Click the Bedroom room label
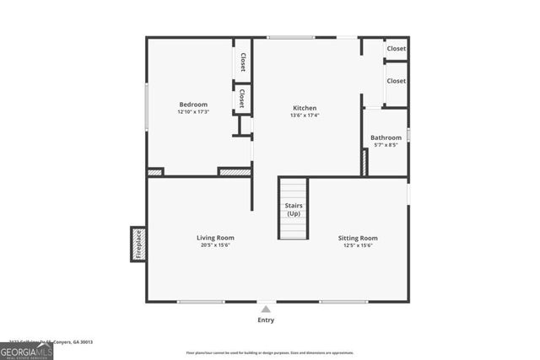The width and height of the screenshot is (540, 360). (x=192, y=105)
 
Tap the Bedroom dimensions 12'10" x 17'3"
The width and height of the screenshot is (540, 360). (x=192, y=112)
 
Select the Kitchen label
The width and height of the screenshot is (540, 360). (x=305, y=108)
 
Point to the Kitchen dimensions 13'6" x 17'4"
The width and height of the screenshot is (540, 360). (x=305, y=116)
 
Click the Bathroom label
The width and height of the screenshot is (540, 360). (x=386, y=137)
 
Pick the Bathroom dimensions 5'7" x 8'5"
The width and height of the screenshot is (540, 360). (x=386, y=145)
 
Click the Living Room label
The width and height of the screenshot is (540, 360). (x=217, y=238)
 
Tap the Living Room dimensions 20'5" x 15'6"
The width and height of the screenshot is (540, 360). (x=217, y=245)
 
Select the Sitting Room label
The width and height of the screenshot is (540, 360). (x=358, y=238)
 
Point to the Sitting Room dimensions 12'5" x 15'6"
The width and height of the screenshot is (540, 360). (x=358, y=245)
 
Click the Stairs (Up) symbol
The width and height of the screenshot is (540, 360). (x=294, y=209)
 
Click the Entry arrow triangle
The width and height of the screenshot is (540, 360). (x=266, y=309)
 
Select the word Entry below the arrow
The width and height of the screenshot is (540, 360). (x=266, y=320)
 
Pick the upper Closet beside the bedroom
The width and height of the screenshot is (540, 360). (x=242, y=62)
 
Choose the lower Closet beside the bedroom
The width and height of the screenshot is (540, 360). (x=242, y=97)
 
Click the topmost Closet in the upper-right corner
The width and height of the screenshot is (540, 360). (x=396, y=49)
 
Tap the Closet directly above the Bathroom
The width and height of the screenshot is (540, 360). (x=396, y=81)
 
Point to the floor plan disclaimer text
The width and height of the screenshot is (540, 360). (x=271, y=352)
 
